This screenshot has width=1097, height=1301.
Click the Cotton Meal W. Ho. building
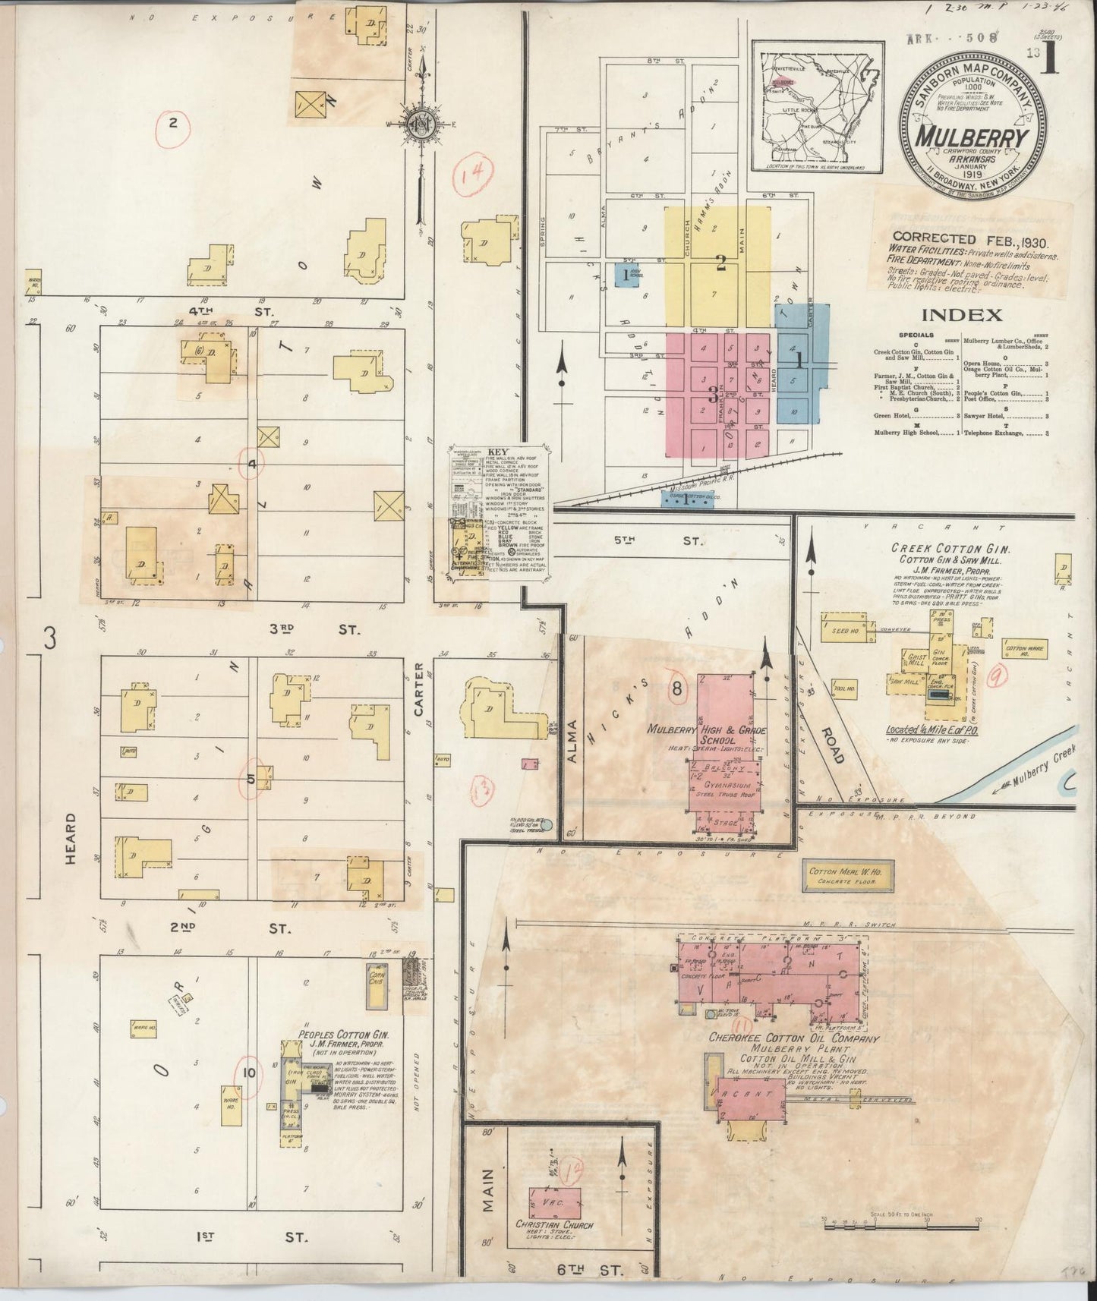pos(842,877)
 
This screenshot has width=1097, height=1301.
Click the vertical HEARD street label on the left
pos(71,839)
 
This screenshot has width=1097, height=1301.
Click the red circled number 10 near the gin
pos(249,1072)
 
